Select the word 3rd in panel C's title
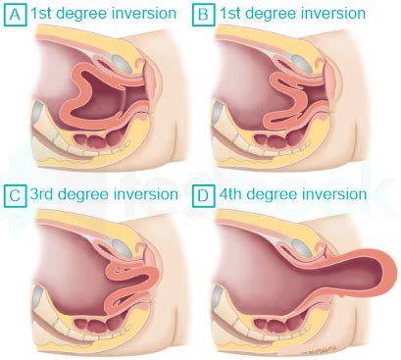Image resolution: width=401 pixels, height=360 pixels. (46, 194)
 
